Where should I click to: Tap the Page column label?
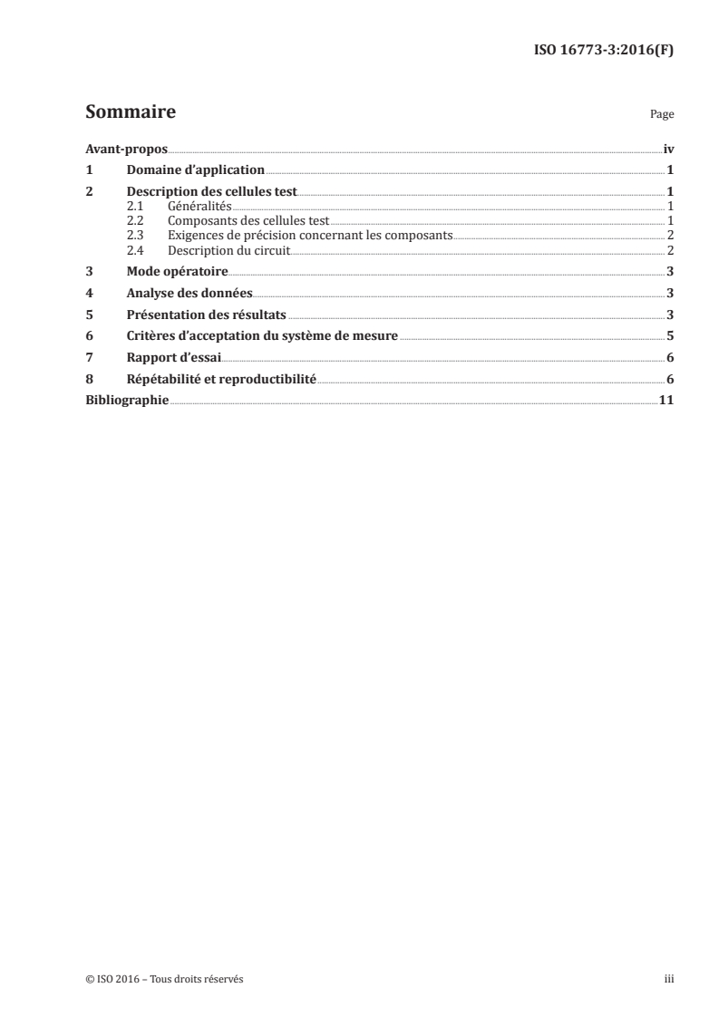tap(662, 116)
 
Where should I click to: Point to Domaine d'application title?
tap(195, 169)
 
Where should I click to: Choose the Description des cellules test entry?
tap(212, 192)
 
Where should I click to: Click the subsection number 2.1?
tap(135, 207)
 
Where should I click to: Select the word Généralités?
tap(199, 207)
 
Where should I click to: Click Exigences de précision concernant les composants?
tap(309, 236)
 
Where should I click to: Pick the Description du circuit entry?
tap(228, 250)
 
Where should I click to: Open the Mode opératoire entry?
tap(177, 272)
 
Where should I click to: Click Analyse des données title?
tap(189, 294)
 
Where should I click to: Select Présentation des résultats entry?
tap(206, 315)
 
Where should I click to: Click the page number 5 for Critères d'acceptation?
tap(669, 337)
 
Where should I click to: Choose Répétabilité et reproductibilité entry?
tap(221, 381)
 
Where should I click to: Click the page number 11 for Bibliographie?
tap(666, 400)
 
